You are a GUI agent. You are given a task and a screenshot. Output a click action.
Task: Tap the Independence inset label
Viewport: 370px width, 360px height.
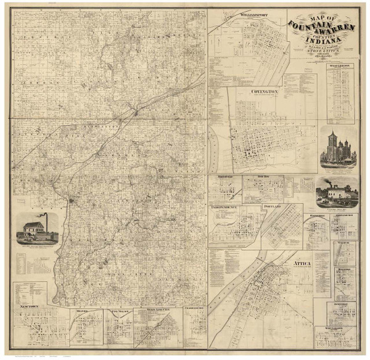pos(229,208)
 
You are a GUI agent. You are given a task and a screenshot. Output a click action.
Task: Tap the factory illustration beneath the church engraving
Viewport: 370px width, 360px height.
pos(337,194)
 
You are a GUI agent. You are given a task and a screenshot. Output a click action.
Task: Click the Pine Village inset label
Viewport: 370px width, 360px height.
pos(118,311)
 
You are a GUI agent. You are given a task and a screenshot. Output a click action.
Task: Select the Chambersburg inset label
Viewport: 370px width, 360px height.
pos(194,310)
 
